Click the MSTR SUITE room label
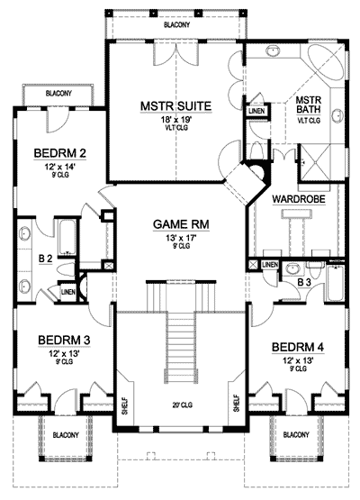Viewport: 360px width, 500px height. pos(175,106)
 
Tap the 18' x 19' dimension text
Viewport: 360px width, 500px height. pos(175,119)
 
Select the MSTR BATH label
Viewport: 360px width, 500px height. pos(309,105)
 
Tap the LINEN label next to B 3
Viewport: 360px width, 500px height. pos(270,265)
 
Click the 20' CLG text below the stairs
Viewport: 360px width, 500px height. pos(180,405)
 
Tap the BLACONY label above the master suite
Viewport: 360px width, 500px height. pos(176,25)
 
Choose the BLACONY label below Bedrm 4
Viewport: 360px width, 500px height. pos(296,435)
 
